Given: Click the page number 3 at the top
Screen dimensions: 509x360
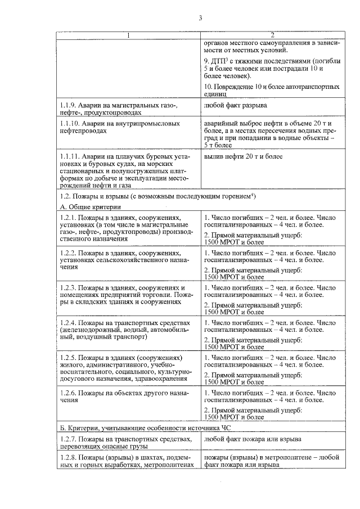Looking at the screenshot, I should click(x=200, y=18).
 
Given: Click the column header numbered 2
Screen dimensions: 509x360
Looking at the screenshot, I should click(x=272, y=36).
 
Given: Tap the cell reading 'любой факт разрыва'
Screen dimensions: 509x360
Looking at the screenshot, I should click(x=236, y=105).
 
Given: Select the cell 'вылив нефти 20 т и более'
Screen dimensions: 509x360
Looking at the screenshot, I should click(x=244, y=156).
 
